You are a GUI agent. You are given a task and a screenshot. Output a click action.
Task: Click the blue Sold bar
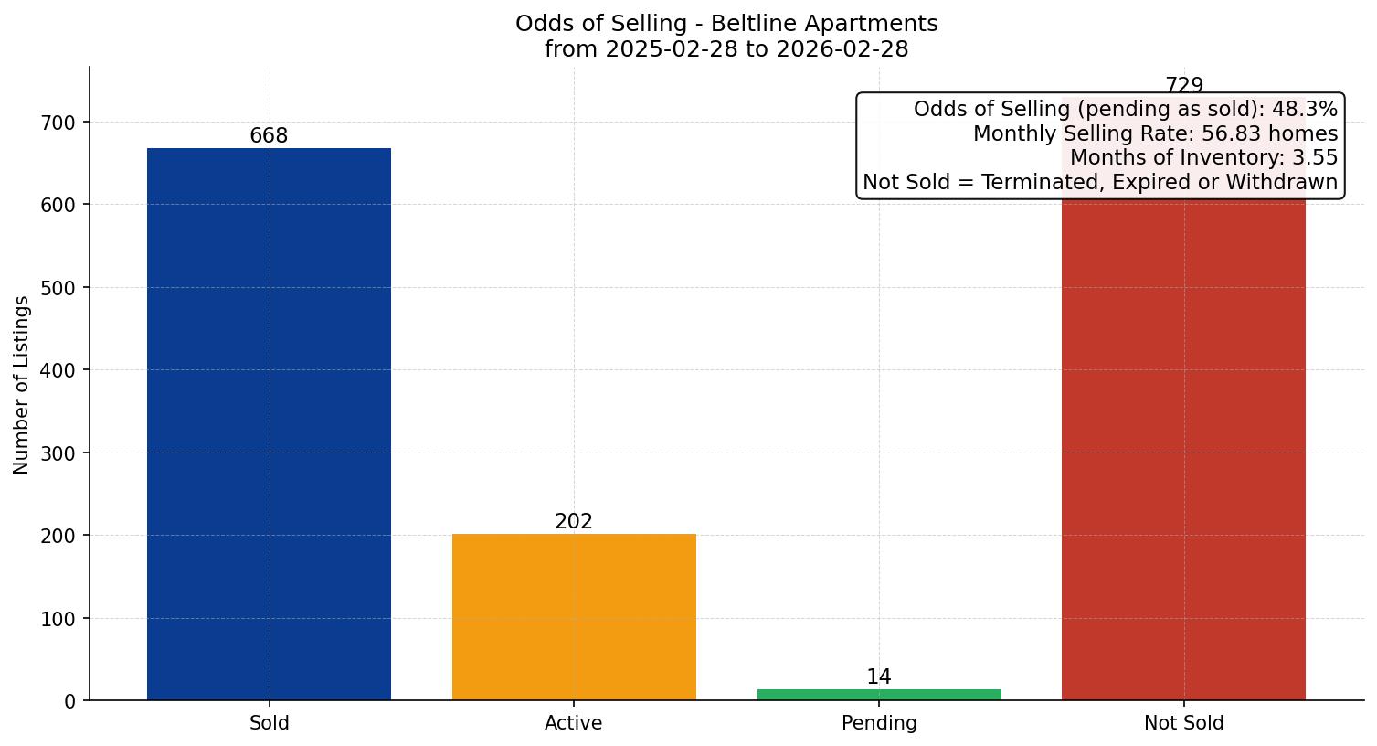[x=269, y=424]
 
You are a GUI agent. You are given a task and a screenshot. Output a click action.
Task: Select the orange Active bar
[x=574, y=617]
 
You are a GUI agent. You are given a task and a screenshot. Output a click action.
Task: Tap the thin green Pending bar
[x=879, y=695]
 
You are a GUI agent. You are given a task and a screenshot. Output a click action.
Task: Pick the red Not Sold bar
[x=1183, y=448]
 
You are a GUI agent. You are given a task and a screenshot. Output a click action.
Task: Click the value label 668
[x=269, y=136]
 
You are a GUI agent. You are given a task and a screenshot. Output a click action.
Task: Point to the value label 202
[x=574, y=522]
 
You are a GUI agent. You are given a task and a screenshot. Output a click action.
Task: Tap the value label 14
[x=879, y=677]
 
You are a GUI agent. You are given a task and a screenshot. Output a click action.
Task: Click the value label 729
[x=1184, y=85]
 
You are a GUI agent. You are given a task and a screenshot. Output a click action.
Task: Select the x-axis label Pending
[x=879, y=723]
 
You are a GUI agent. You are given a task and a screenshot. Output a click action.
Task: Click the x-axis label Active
[x=574, y=723]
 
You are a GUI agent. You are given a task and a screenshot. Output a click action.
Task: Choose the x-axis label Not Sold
[x=1183, y=723]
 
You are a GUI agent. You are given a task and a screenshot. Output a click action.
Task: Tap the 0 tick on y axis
[x=70, y=701]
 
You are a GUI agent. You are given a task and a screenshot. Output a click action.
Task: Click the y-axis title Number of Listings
[x=22, y=385]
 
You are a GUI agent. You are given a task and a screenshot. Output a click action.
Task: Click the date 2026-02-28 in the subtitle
[x=842, y=49]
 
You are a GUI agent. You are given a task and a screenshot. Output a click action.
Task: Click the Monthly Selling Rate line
[x=1155, y=134]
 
